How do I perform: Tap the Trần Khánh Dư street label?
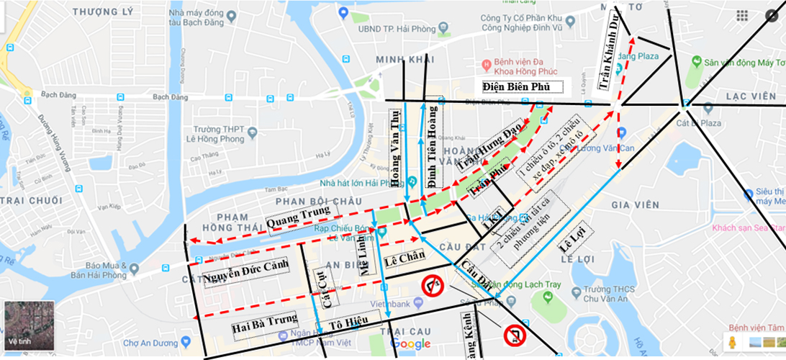609,50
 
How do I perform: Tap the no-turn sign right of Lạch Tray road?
515,336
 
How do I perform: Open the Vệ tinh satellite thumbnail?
27,325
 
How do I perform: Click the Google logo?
410,344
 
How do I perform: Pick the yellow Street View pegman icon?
733,341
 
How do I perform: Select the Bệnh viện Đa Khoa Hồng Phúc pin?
487,63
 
